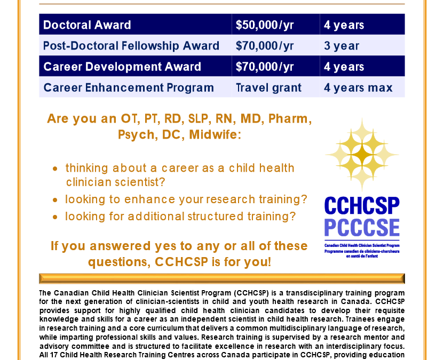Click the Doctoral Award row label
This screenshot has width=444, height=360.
click(x=87, y=25)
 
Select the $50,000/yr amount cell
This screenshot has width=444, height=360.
click(x=265, y=25)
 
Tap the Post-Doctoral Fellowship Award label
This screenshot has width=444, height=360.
click(x=131, y=46)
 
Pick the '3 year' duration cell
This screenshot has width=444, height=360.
click(x=342, y=46)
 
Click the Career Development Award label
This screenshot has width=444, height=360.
click(x=122, y=67)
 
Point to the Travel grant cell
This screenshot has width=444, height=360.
click(x=268, y=87)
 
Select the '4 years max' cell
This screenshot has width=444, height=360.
click(x=358, y=87)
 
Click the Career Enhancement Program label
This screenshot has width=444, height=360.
click(x=129, y=87)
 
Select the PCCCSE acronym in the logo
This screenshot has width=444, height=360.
click(x=362, y=228)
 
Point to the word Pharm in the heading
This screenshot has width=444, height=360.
click(x=292, y=118)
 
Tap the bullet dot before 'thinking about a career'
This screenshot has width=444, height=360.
click(x=56, y=169)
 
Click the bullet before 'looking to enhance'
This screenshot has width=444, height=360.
click(x=56, y=200)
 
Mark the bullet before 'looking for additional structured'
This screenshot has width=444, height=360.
click(x=56, y=217)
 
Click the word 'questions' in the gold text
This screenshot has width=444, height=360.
click(x=118, y=262)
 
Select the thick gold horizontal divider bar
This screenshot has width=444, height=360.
click(x=221, y=278)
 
